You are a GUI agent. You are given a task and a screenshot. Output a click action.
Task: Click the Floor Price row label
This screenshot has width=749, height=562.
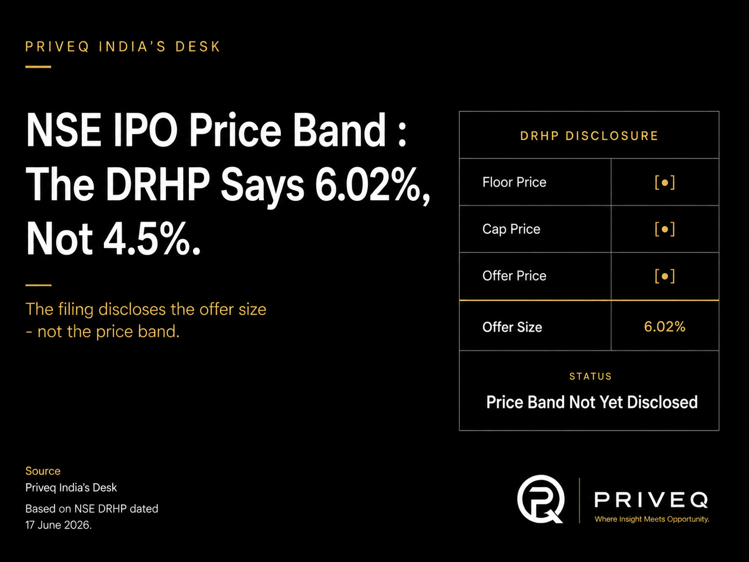[514, 182]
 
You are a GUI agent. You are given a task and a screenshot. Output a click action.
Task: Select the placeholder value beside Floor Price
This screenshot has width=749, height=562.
[665, 182]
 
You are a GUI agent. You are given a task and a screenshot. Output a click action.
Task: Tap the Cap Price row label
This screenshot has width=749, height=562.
[511, 229]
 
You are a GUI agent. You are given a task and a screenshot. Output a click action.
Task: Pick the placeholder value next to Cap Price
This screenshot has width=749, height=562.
[665, 229]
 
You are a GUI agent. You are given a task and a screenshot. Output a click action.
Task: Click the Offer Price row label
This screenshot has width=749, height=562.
[514, 276]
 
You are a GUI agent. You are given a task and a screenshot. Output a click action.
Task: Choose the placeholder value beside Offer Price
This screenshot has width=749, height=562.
[665, 276]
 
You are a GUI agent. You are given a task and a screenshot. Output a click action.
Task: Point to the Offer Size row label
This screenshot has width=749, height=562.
[512, 327]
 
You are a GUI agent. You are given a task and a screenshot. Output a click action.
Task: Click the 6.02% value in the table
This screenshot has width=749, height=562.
[665, 327]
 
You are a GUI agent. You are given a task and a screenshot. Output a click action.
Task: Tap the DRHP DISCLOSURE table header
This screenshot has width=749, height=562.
[589, 136]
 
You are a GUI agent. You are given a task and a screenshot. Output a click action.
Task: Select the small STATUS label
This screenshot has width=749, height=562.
[591, 376]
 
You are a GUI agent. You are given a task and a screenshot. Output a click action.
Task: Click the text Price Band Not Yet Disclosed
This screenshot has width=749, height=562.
[592, 402]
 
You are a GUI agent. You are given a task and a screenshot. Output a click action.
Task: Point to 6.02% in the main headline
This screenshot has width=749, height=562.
[372, 185]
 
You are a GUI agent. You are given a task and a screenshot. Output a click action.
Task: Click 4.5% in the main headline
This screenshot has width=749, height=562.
[152, 238]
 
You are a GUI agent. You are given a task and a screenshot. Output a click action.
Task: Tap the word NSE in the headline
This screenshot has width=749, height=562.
[64, 130]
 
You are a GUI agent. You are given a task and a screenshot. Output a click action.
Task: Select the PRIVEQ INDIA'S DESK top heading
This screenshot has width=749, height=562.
[123, 47]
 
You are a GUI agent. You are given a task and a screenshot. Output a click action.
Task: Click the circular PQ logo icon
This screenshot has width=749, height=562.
[541, 499]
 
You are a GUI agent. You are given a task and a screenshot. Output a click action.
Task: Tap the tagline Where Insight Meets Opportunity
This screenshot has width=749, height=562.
[652, 520]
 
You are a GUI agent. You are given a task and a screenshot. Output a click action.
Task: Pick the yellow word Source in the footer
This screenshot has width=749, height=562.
[42, 471]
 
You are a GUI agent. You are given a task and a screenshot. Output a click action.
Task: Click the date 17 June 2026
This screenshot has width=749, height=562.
[58, 525]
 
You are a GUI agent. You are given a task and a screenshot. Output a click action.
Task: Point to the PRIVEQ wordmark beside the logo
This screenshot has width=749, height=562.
[651, 500]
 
